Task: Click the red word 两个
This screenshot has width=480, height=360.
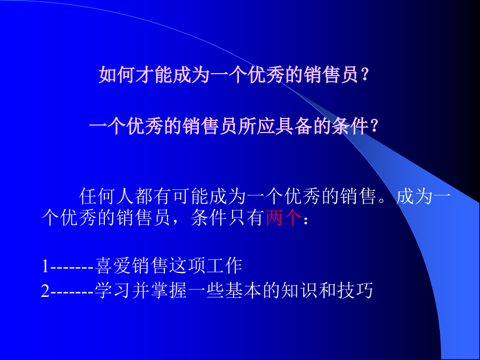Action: coord(283,219)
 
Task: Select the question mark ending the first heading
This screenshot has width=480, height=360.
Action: coord(365,76)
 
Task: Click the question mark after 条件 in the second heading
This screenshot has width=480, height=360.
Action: coord(374,127)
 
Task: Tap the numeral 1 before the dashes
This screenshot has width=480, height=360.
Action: coord(45,267)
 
